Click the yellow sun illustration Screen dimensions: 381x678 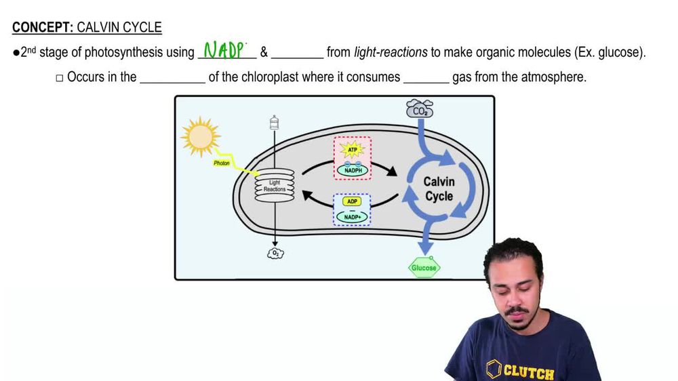click(200, 136)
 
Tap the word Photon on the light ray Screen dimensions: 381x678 click(222, 163)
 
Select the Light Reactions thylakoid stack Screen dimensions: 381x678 click(275, 184)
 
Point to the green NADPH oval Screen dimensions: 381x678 click(352, 169)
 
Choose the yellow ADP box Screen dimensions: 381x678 click(352, 201)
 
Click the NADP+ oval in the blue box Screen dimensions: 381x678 click(352, 216)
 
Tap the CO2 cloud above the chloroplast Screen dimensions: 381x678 click(419, 108)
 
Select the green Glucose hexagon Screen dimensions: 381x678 click(424, 268)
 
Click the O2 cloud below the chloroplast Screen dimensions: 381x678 click(275, 254)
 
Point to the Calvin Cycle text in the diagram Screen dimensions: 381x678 click(439, 188)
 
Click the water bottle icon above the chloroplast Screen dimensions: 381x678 click(275, 123)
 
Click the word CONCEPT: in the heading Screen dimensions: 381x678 click(43, 28)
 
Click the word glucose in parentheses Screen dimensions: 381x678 click(618, 52)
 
